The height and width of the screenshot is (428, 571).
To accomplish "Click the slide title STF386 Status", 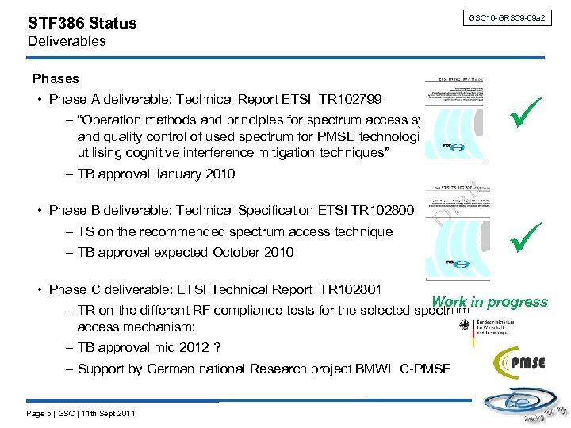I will (x=82, y=23).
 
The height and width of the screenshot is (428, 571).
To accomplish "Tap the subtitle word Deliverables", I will (x=67, y=41).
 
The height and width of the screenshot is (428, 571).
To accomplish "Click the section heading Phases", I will (x=56, y=78).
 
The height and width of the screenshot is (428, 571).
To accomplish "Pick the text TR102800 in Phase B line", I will (x=380, y=211).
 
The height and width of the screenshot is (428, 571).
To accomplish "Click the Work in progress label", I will (x=490, y=302).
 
